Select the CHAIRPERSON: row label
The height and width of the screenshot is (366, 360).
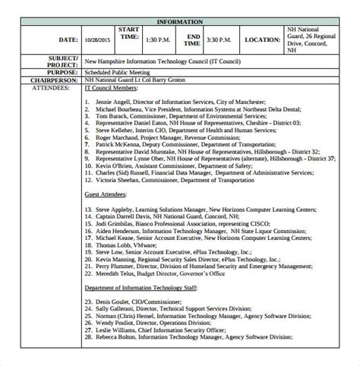[x=55, y=80]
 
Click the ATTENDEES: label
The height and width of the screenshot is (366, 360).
[x=58, y=87]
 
